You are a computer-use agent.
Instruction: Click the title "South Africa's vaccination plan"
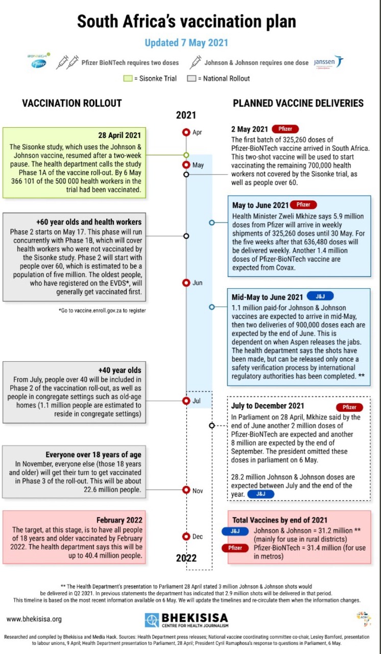click(186, 22)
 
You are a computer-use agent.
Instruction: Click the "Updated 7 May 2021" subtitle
click(186, 43)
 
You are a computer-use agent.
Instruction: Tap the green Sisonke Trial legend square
click(128, 78)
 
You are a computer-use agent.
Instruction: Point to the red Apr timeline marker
click(186, 132)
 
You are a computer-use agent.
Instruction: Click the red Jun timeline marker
click(186, 283)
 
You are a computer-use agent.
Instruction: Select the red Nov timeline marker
click(186, 490)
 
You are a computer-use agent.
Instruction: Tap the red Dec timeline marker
click(186, 536)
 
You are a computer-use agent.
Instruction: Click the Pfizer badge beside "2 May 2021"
click(285, 129)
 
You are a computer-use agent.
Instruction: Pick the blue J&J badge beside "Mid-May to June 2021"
click(320, 297)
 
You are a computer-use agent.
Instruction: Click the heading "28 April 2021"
click(119, 135)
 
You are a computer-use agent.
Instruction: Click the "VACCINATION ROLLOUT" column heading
click(72, 103)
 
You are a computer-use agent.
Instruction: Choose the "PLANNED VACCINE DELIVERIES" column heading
click(298, 103)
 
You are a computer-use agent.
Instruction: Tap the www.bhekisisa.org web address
click(34, 619)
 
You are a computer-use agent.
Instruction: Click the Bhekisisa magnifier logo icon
click(152, 620)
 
